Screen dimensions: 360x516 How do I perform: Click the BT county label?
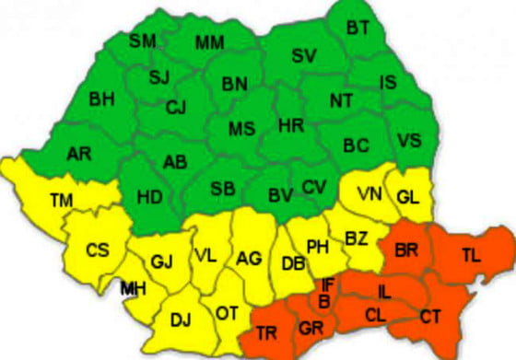[358, 29]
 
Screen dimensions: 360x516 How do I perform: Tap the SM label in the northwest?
[142, 41]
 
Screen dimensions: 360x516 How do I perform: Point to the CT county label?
[430, 317]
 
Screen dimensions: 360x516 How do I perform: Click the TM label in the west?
[62, 200]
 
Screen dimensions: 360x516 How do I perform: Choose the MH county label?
[133, 289]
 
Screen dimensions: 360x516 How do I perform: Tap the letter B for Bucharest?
[323, 299]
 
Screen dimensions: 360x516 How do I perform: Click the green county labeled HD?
[150, 197]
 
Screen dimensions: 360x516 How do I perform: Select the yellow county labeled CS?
[97, 250]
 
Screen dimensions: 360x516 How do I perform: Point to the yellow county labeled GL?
[408, 196]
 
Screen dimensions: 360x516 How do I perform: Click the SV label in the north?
[303, 56]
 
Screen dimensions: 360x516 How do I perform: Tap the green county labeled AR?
[79, 155]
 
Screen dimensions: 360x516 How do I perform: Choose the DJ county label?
[181, 320]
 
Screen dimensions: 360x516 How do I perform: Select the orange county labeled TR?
[267, 332]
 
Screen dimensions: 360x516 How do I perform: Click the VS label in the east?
[410, 141]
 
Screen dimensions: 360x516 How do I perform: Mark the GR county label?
[310, 329]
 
